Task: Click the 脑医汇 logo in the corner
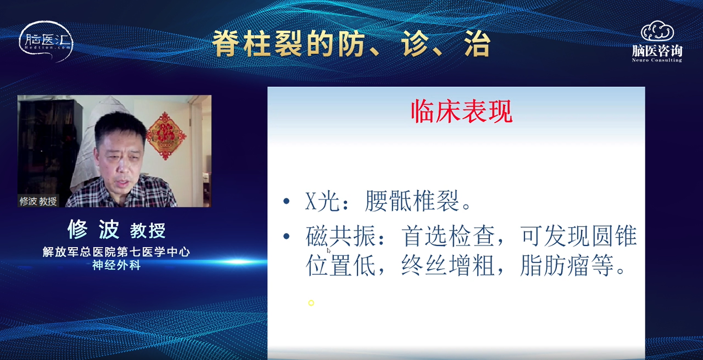pyautogui.click(x=46, y=41)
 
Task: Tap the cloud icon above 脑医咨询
pyautogui.click(x=657, y=31)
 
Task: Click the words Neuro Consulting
pyautogui.click(x=657, y=60)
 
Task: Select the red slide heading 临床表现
pyautogui.click(x=461, y=111)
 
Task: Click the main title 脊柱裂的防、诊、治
pyautogui.click(x=351, y=44)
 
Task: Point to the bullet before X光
pyautogui.click(x=286, y=201)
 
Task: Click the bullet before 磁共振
pyautogui.click(x=286, y=236)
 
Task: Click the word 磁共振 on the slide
pyautogui.click(x=341, y=236)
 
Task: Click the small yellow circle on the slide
pyautogui.click(x=311, y=303)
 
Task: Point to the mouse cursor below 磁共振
pyautogui.click(x=328, y=250)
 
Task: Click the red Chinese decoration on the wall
pyautogui.click(x=166, y=136)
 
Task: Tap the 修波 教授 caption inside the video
pyautogui.click(x=38, y=201)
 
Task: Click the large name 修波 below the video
pyautogui.click(x=93, y=230)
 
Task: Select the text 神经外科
pyautogui.click(x=116, y=265)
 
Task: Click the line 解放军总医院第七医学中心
pyautogui.click(x=116, y=252)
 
